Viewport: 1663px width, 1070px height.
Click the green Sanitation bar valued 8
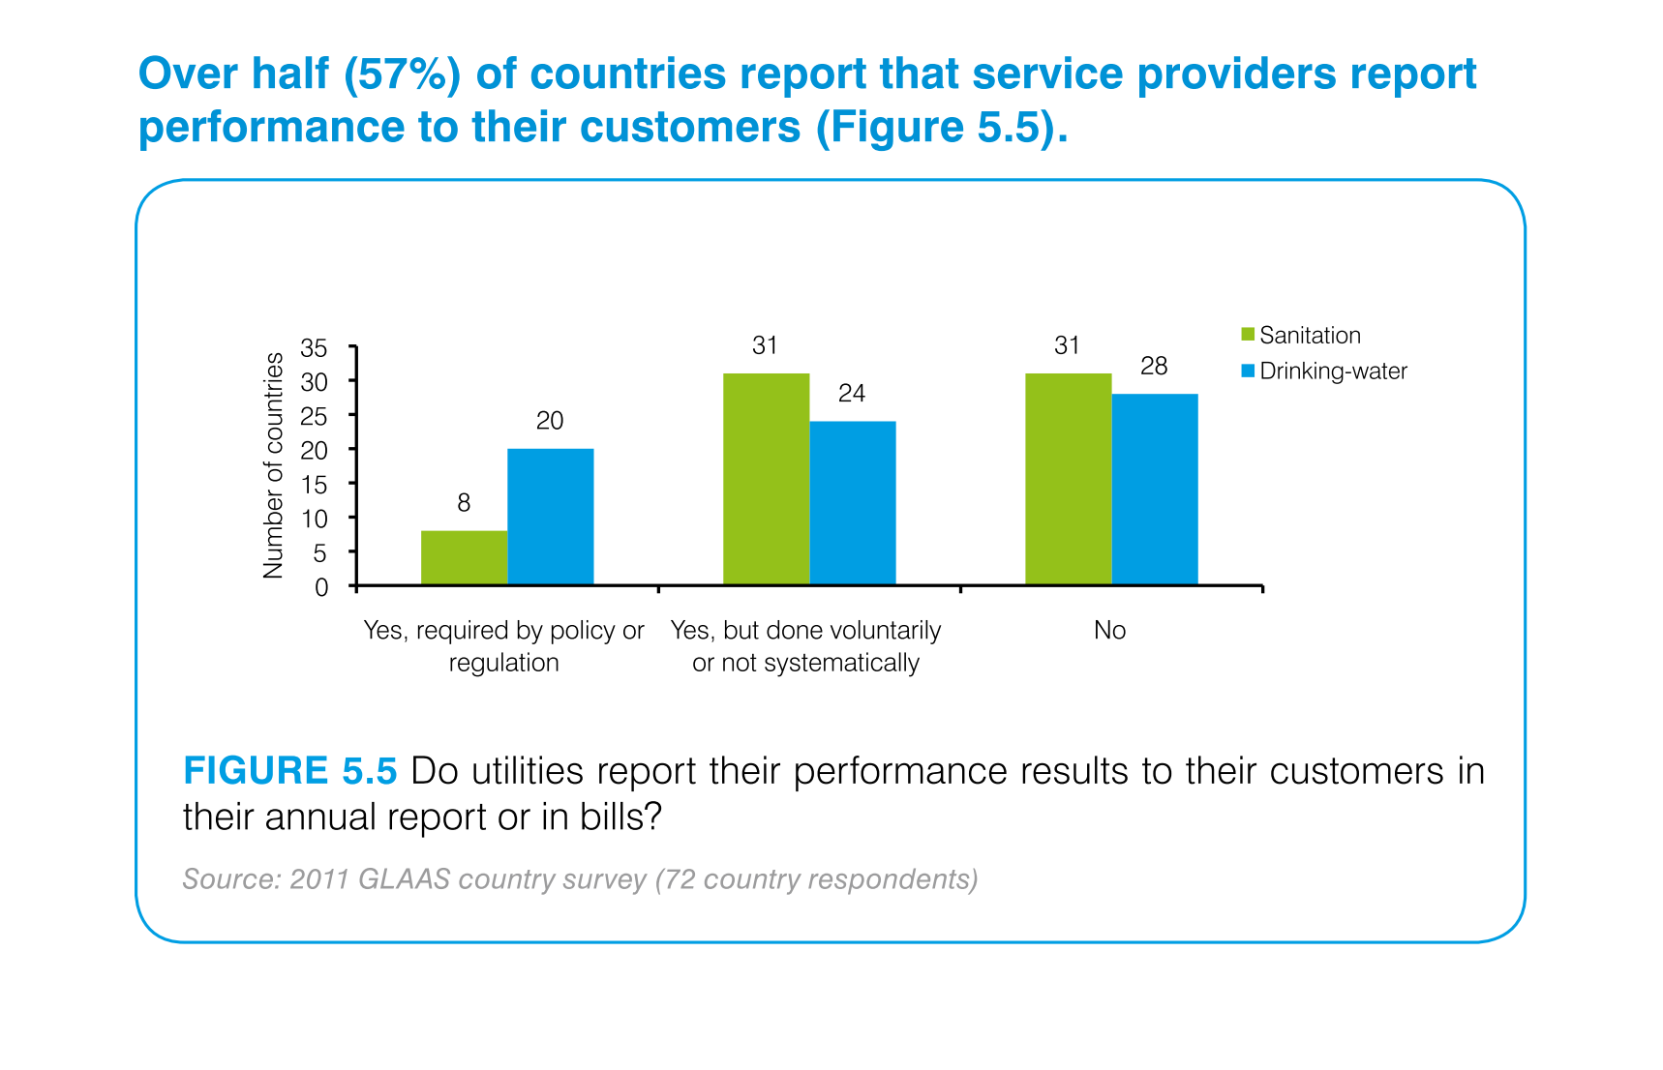[x=464, y=558]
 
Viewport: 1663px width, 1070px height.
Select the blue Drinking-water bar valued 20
[x=550, y=517]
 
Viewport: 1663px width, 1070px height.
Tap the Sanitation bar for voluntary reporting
[x=766, y=479]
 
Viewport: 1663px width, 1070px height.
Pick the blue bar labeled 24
[x=852, y=503]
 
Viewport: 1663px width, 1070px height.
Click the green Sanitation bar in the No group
[x=1068, y=479]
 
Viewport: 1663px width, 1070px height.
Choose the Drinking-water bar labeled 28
[x=1154, y=490]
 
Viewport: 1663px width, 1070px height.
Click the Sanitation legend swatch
[x=1248, y=335]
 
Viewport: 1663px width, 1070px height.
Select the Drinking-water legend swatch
[x=1248, y=371]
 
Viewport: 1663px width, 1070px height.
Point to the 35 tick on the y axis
[x=315, y=347]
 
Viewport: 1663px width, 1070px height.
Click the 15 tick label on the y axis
[x=315, y=485]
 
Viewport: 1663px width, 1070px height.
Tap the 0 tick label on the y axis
[x=321, y=587]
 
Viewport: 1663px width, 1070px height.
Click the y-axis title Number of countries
[x=274, y=465]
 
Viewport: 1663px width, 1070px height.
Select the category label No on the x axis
[x=1109, y=631]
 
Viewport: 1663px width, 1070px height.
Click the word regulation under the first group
[x=503, y=664]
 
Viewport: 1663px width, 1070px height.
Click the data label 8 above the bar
[x=464, y=503]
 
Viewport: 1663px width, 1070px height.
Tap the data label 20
[x=550, y=421]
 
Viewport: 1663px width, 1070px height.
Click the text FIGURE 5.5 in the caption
[x=290, y=771]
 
